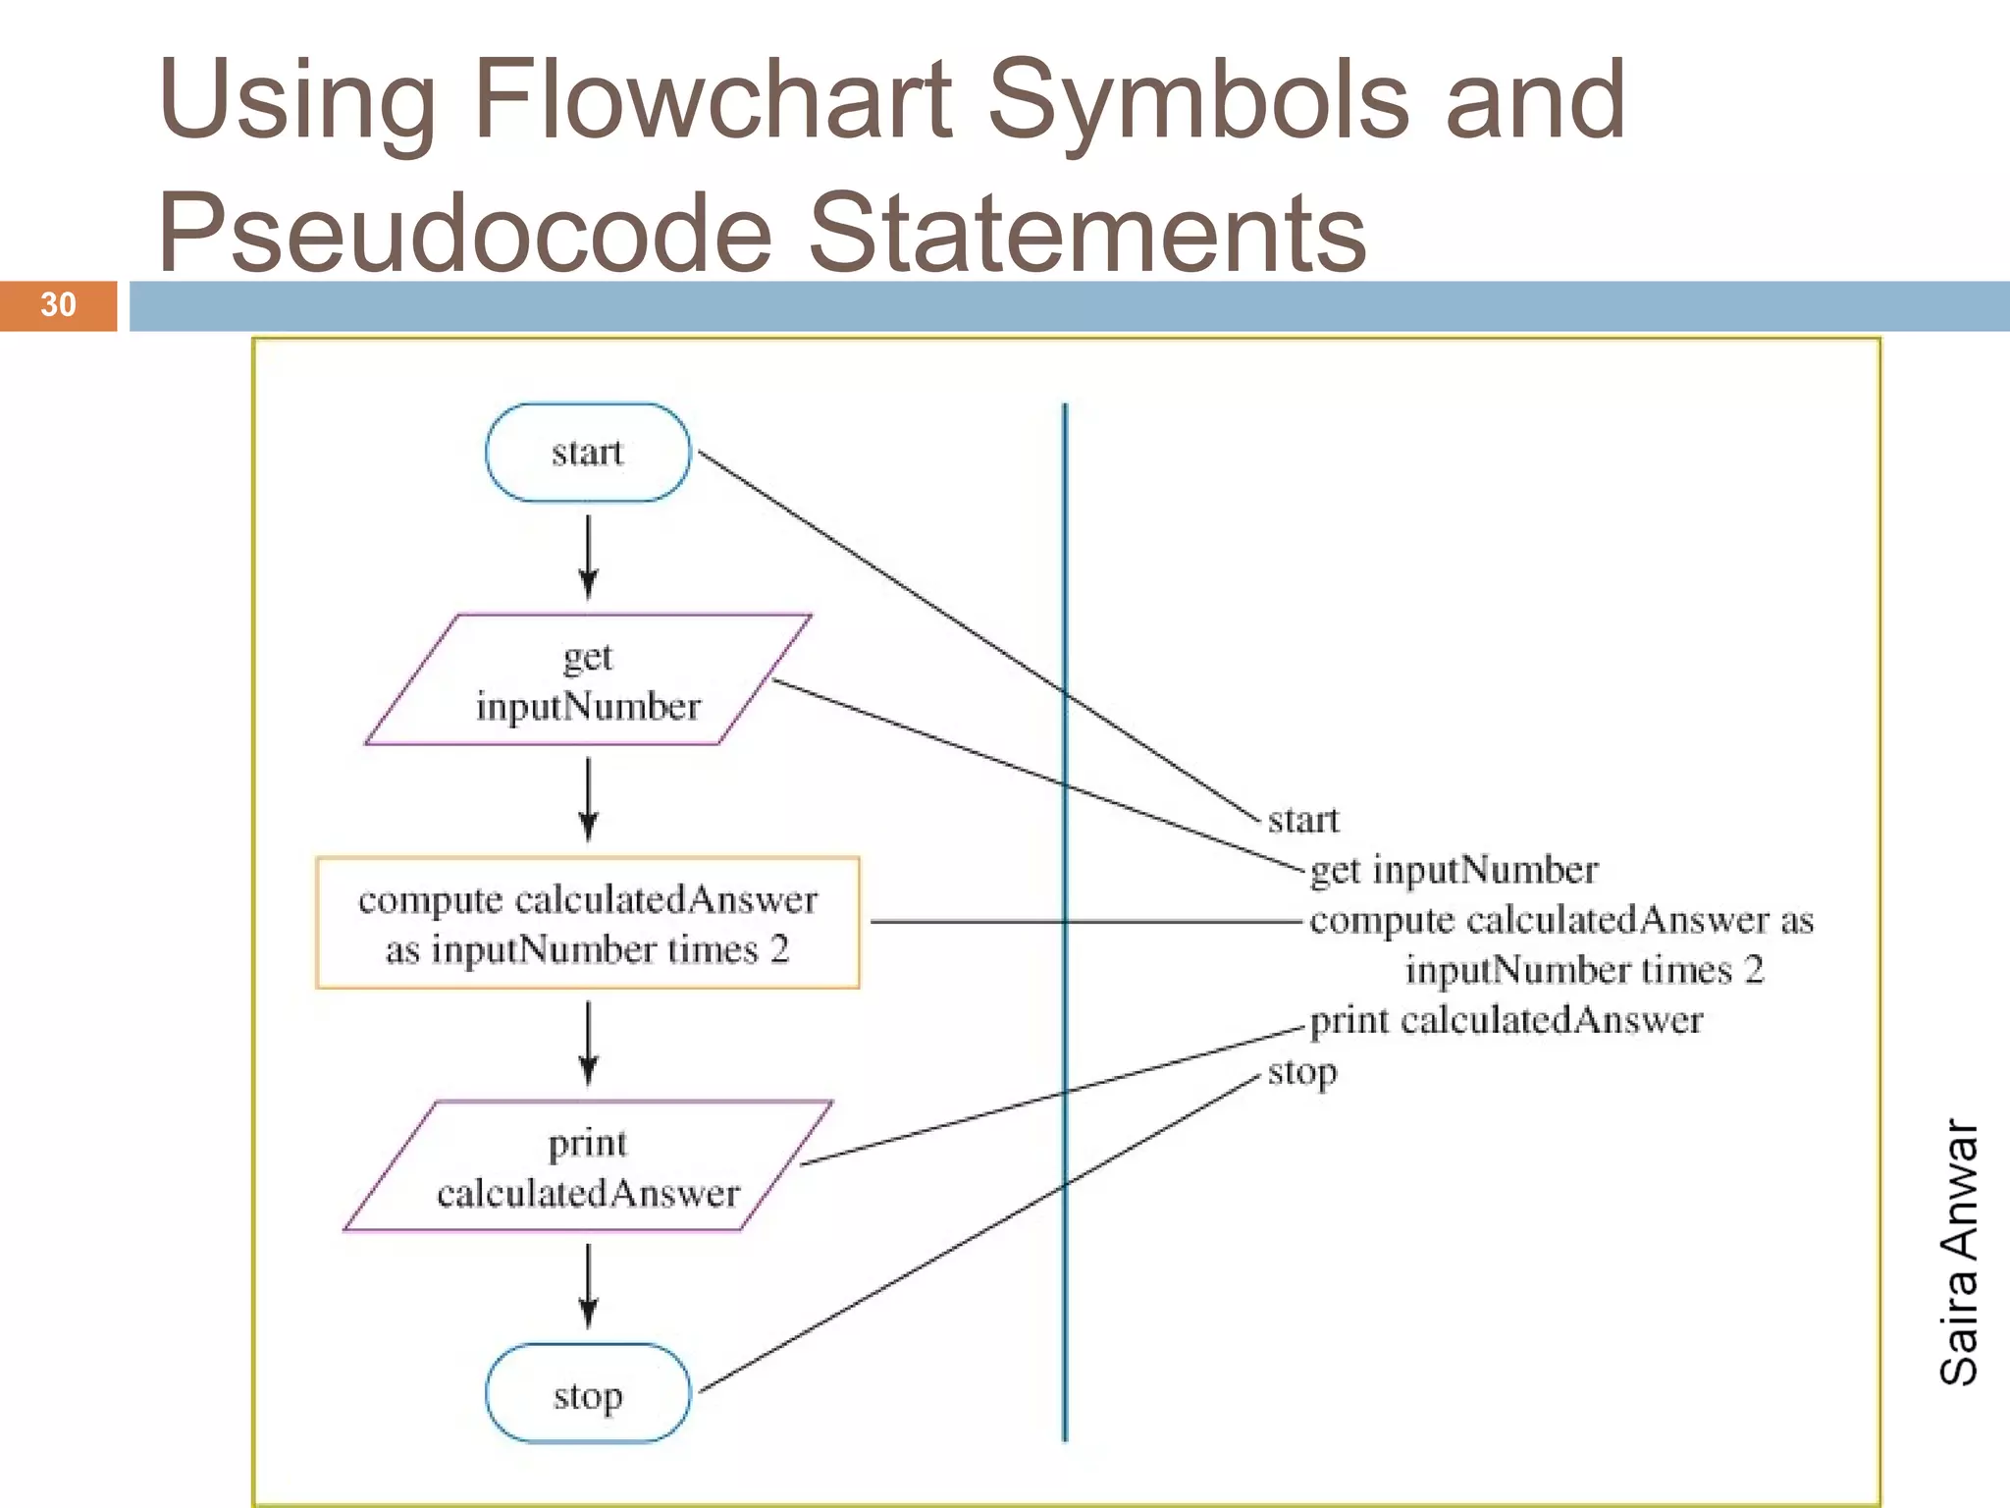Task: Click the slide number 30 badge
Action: coord(58,305)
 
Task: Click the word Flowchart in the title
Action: coord(712,99)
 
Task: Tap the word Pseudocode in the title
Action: coord(465,233)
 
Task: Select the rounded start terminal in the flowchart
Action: coord(588,453)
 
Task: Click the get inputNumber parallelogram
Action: coord(588,680)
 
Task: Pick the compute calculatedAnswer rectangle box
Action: coord(588,923)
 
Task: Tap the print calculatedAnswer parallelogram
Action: coord(588,1166)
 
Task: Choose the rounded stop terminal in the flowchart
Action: coord(588,1394)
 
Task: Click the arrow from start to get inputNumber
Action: coord(589,557)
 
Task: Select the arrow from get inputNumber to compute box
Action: coord(589,799)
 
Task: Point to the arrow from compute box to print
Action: coord(589,1043)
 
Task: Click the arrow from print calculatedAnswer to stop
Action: coord(589,1285)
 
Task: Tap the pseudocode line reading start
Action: coord(1302,820)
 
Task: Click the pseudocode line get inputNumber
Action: coord(1454,870)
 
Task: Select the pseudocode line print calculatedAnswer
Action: coord(1506,1020)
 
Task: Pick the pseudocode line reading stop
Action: coord(1301,1071)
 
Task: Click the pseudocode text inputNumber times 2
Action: coord(1584,970)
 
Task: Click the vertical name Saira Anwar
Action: coord(1959,1252)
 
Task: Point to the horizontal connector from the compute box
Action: coord(981,922)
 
